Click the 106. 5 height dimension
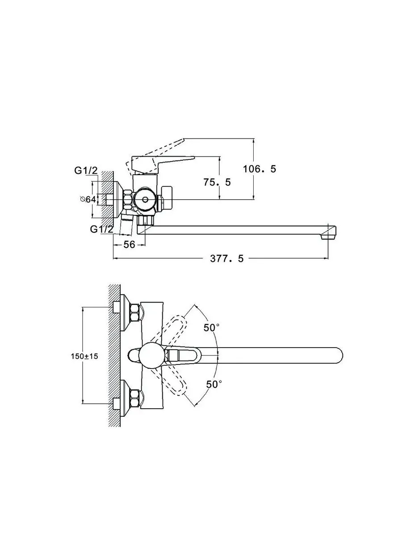coord(260,169)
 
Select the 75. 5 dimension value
coord(217,182)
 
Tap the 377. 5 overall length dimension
coord(227,259)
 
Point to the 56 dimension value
coord(129,244)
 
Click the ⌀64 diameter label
coord(88,199)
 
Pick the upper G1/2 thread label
coord(86,171)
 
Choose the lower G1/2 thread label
coord(102,229)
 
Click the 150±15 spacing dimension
coord(84,356)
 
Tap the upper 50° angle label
coord(212,328)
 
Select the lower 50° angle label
coord(214,385)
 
